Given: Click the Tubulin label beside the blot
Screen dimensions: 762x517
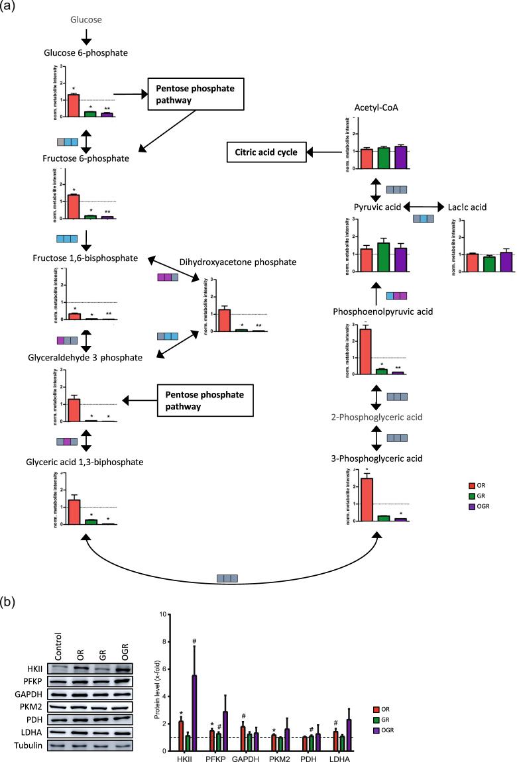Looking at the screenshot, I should click(x=34, y=745).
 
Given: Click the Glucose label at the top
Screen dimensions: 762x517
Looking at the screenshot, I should click(x=86, y=20).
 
